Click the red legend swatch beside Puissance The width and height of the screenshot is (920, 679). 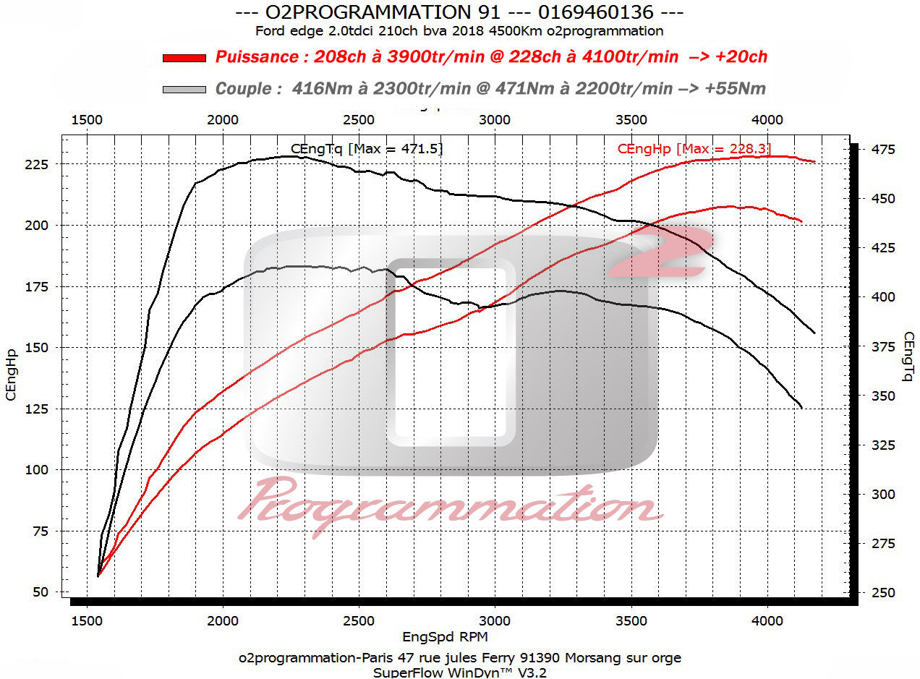pos(184,58)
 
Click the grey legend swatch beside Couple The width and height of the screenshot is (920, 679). pos(184,90)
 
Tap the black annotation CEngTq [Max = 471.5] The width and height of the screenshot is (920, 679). pos(367,149)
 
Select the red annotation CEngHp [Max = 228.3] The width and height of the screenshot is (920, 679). pos(689,149)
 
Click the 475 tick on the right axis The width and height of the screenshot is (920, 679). pos(882,149)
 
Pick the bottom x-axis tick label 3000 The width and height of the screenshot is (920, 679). pos(495,620)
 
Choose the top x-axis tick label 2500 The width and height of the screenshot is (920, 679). pos(359,120)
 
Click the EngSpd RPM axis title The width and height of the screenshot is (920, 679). pos(445,637)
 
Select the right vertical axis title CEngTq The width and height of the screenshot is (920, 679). pos(908,356)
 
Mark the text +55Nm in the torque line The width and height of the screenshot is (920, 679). pos(736,89)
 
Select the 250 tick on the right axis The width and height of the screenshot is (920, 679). pos(882,592)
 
